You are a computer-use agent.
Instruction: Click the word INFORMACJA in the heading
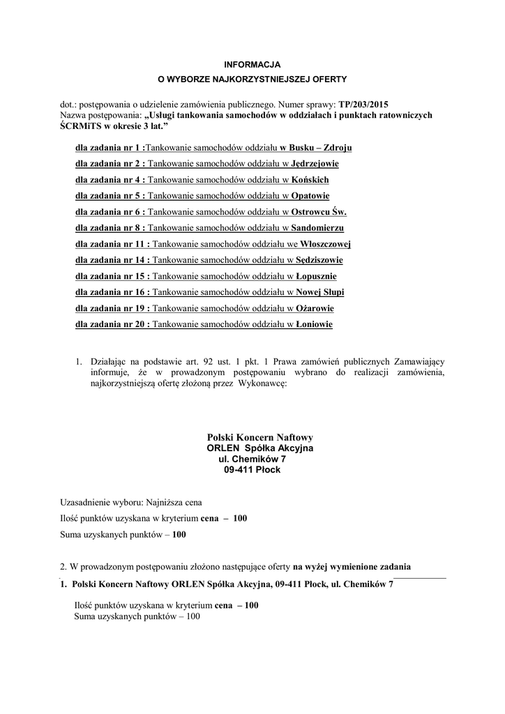coord(252,64)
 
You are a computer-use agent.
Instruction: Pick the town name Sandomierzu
coord(317,228)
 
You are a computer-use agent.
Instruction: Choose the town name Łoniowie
coord(312,324)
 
